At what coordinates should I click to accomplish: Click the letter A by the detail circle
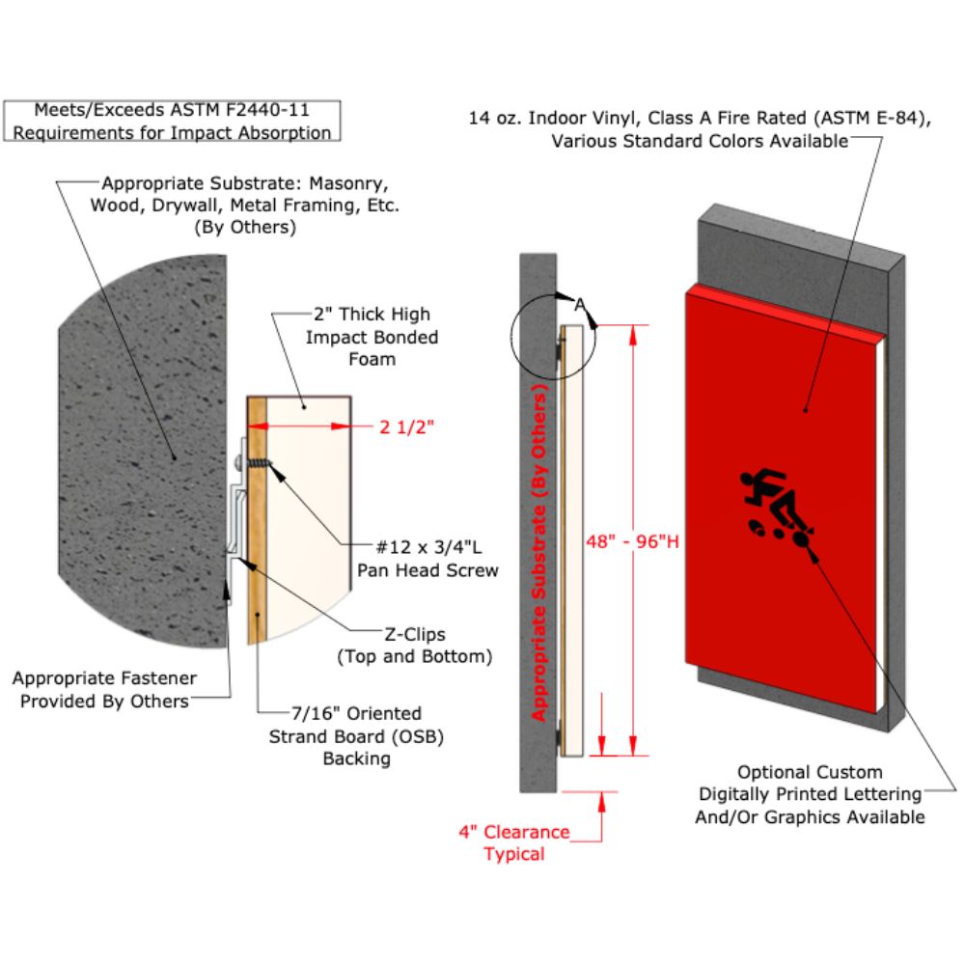[580, 303]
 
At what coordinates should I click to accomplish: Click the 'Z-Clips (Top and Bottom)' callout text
[415, 647]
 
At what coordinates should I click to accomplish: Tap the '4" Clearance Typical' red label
[514, 842]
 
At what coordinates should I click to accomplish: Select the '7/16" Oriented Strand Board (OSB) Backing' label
[357, 735]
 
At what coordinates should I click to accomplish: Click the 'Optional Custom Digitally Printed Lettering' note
[811, 794]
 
